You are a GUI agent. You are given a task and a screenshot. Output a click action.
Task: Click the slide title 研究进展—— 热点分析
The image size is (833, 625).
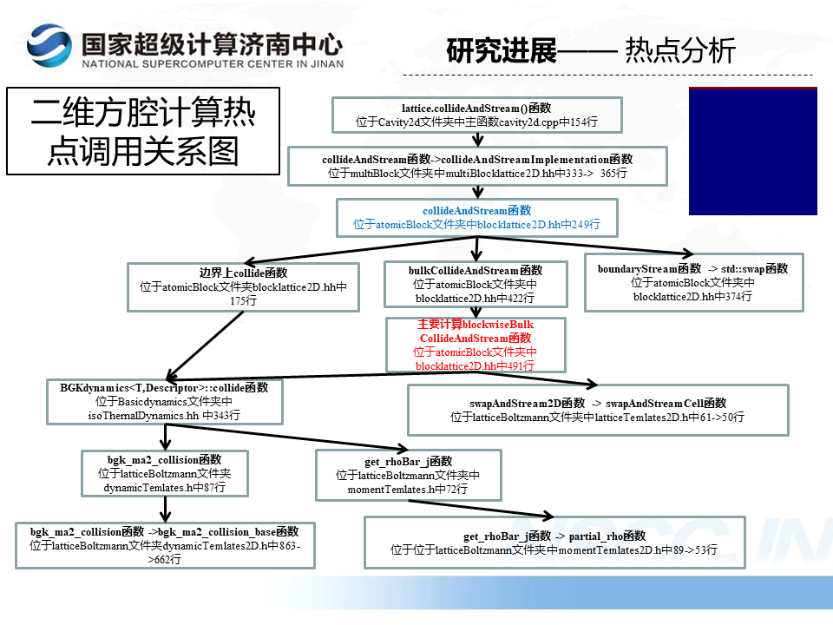(591, 50)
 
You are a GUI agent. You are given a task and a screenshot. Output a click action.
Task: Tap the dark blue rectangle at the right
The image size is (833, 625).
(752, 151)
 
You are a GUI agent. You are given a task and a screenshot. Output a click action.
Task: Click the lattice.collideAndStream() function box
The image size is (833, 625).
(476, 115)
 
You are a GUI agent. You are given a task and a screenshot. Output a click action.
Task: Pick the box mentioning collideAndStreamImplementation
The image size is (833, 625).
(477, 166)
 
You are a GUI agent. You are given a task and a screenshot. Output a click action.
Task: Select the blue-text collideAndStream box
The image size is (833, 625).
(476, 217)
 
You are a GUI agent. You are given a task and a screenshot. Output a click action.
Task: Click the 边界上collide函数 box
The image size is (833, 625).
(243, 286)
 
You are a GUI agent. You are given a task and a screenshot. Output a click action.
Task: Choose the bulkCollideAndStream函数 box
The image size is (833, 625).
(475, 284)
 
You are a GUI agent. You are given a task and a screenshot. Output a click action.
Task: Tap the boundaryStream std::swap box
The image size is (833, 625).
(692, 282)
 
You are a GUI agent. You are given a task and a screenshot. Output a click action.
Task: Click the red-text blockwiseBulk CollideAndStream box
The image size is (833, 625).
(475, 345)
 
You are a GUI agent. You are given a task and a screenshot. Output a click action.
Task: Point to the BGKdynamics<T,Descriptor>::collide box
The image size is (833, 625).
(164, 401)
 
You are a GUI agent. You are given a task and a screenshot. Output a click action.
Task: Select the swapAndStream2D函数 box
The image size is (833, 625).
(597, 410)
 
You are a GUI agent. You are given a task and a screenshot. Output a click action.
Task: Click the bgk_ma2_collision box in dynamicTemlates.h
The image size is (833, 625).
(164, 473)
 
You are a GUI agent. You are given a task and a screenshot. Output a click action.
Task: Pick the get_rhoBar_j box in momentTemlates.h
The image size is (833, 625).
(408, 475)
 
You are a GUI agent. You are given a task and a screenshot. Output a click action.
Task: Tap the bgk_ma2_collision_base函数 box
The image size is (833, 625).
(164, 545)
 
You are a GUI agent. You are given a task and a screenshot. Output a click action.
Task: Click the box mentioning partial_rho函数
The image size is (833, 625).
(554, 543)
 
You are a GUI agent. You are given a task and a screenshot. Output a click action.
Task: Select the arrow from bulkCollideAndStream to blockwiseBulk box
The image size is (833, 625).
(475, 312)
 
